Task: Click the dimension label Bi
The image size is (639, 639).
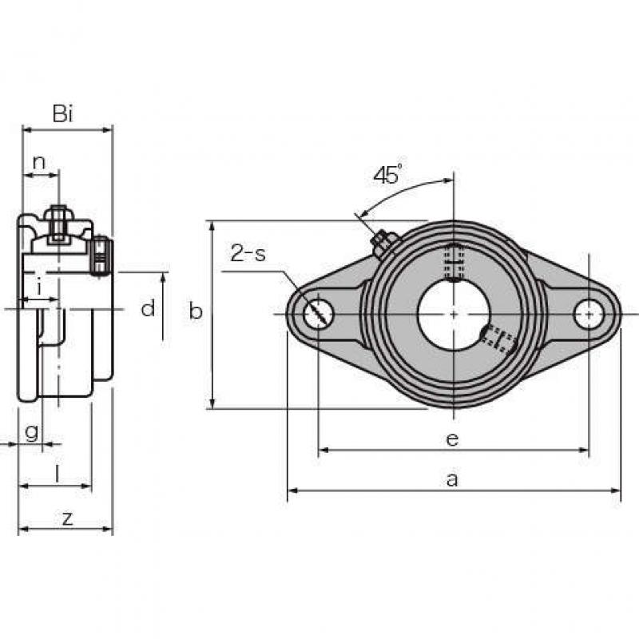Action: click(63, 113)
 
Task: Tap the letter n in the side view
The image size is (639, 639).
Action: click(38, 163)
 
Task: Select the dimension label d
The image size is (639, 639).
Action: click(148, 308)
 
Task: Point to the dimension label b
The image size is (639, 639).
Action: click(196, 312)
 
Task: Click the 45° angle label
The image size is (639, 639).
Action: click(387, 175)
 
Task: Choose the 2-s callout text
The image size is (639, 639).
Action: click(248, 253)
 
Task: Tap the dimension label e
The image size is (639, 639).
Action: click(452, 439)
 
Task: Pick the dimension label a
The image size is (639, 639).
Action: click(452, 480)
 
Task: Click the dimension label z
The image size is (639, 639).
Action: click(67, 518)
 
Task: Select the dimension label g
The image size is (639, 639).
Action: click(32, 432)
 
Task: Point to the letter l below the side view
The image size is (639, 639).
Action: click(57, 474)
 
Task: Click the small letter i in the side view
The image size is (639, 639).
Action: click(39, 288)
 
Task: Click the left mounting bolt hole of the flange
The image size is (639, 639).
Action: click(319, 314)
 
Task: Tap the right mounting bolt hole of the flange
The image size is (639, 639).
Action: click(589, 314)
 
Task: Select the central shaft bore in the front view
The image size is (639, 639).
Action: click(454, 314)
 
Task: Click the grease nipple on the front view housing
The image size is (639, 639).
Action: click(383, 242)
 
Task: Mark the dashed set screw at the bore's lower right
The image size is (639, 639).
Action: click(498, 338)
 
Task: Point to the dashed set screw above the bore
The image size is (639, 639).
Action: click(454, 262)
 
